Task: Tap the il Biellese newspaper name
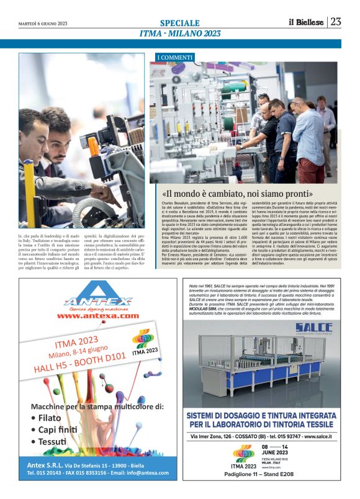tap(306, 22)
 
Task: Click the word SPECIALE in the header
tap(179, 23)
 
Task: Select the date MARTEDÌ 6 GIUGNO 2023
tap(44, 24)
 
